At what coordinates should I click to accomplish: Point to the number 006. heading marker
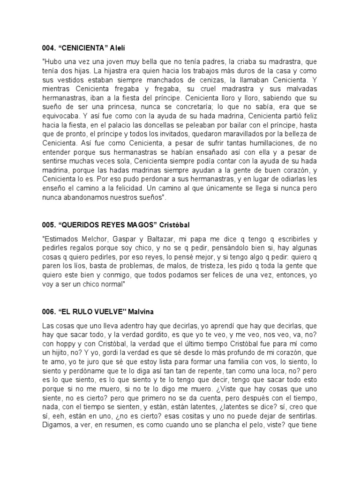pyautogui.click(x=48, y=312)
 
